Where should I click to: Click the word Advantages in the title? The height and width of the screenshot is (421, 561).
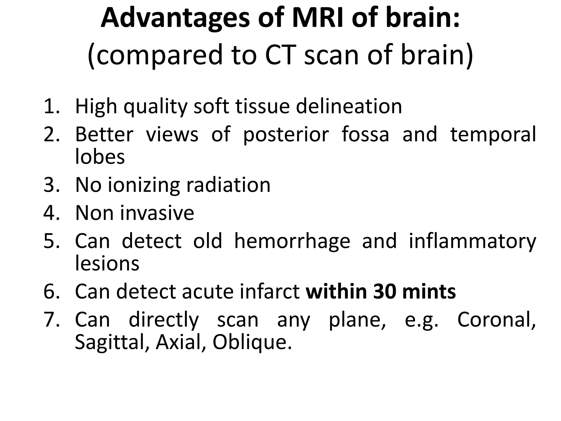[x=175, y=19]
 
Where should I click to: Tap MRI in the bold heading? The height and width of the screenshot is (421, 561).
[x=318, y=19]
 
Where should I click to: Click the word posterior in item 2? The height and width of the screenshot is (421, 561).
[x=286, y=135]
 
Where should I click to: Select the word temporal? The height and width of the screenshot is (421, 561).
[x=493, y=135]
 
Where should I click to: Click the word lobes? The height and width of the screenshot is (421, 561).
[x=100, y=157]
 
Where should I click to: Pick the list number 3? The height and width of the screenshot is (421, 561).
[x=51, y=185]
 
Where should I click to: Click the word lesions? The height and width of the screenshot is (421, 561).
[x=107, y=263]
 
